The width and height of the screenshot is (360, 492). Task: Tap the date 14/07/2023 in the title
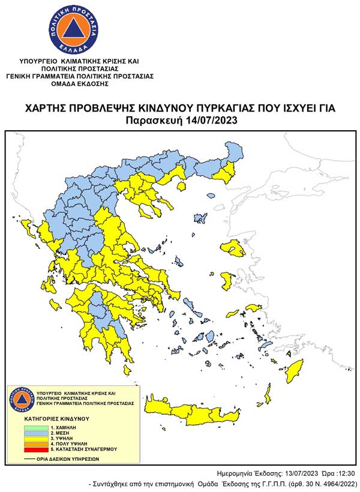coord(209,120)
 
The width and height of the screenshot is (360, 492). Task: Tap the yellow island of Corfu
coord(26,227)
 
